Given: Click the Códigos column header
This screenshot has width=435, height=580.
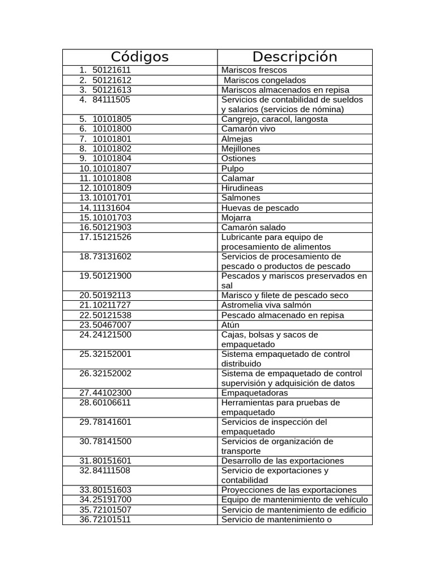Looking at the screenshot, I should pos(139,57).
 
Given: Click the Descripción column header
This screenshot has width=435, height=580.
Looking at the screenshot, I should pos(295,57).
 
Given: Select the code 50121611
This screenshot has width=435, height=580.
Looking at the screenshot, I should pos(112,70).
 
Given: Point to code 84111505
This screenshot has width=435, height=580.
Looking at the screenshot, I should pos(111,100).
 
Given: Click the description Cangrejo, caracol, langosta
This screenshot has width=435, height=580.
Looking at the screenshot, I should pos(275,119).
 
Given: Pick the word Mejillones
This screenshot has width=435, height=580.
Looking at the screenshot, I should pos(241,148).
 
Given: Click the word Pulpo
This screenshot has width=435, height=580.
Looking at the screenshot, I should pos(233,168).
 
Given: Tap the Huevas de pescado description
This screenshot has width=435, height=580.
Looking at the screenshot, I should pos(260,208).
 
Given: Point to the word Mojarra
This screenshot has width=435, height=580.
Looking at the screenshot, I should pos(236,217).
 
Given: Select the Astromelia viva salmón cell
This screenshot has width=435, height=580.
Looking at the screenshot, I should pos(266,305).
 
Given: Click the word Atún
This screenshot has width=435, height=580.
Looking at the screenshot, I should pos(231,325).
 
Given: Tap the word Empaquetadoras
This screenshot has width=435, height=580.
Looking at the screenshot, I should pos(254,393).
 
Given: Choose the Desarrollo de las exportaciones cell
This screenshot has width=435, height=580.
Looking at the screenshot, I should pos(283,461).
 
